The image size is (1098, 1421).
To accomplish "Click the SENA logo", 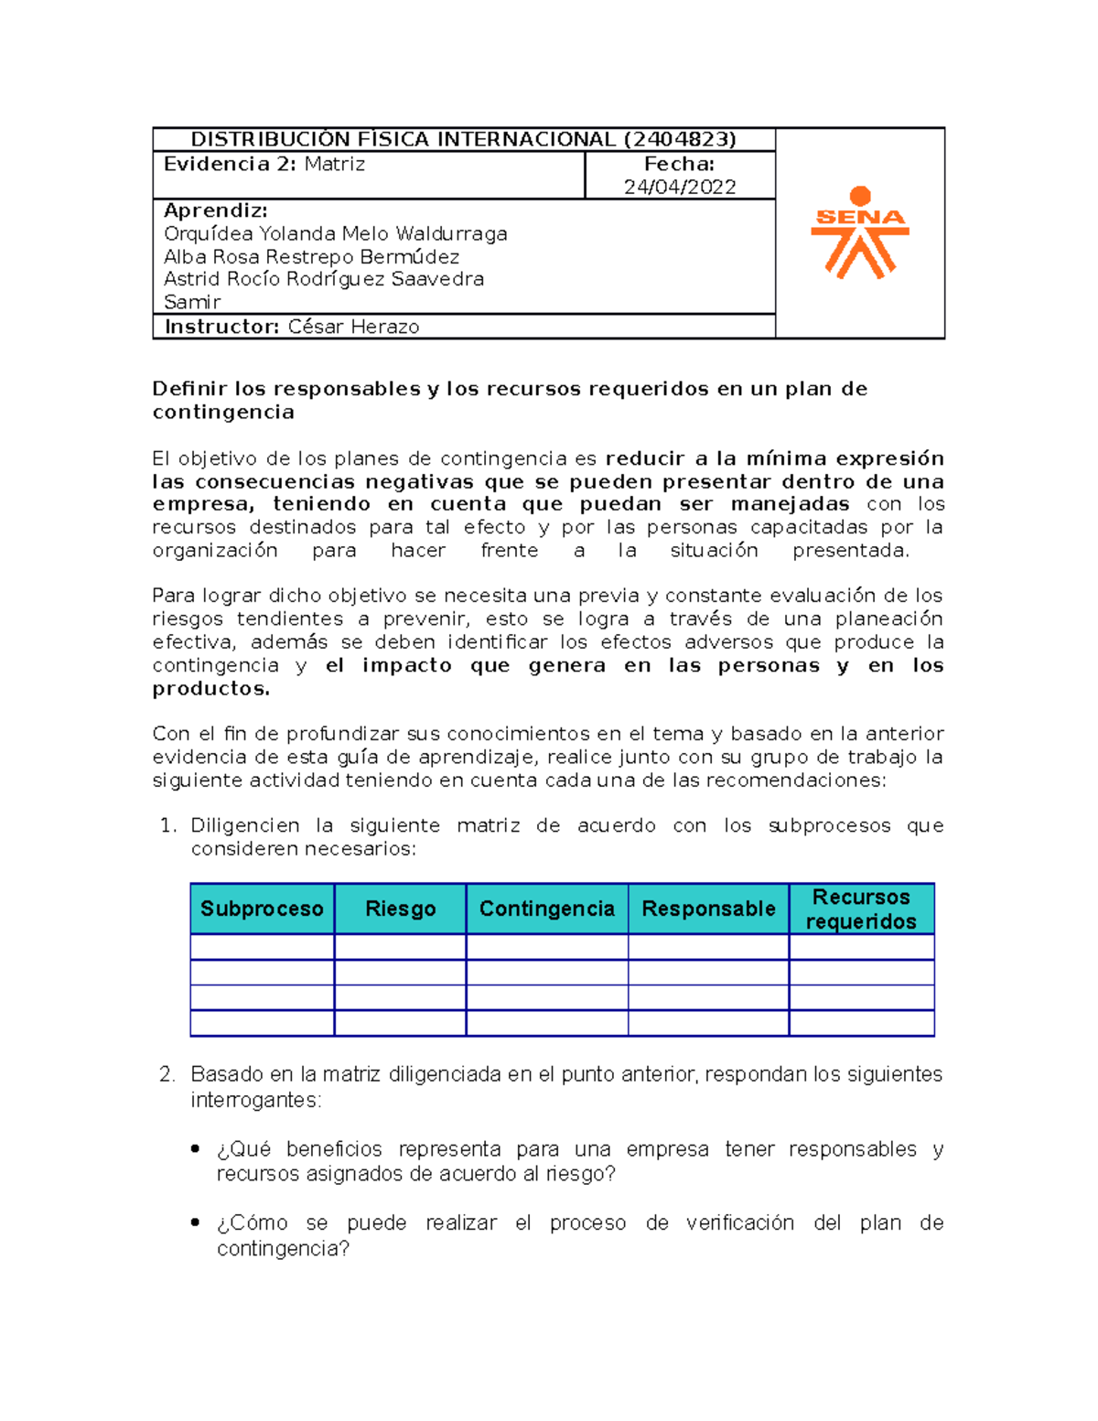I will [859, 232].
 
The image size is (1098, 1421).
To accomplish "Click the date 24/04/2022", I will [679, 187].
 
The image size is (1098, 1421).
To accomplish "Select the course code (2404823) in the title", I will [680, 139].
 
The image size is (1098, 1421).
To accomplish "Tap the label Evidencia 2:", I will [217, 164].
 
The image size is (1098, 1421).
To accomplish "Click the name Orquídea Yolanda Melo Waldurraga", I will [335, 233].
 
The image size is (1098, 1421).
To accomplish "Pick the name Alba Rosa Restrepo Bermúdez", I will [311, 256].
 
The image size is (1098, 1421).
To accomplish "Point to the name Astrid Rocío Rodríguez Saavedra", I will [323, 279].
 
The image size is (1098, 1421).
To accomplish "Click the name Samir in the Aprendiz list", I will [192, 302].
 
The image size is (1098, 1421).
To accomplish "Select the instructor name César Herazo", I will [353, 327].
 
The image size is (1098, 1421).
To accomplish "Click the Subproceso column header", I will [262, 909].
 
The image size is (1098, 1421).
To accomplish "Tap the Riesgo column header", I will [400, 909].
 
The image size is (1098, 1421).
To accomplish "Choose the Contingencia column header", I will [546, 909].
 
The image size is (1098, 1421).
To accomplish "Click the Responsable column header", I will [708, 909].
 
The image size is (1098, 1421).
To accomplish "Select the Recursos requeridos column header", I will [861, 909].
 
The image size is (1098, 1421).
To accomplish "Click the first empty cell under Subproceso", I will [262, 946].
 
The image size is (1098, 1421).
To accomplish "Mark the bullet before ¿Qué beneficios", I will [195, 1148].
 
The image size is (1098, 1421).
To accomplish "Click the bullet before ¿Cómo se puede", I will [195, 1222].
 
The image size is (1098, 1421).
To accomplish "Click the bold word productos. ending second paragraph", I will [211, 689].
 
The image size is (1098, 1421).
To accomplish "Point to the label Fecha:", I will [679, 164].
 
